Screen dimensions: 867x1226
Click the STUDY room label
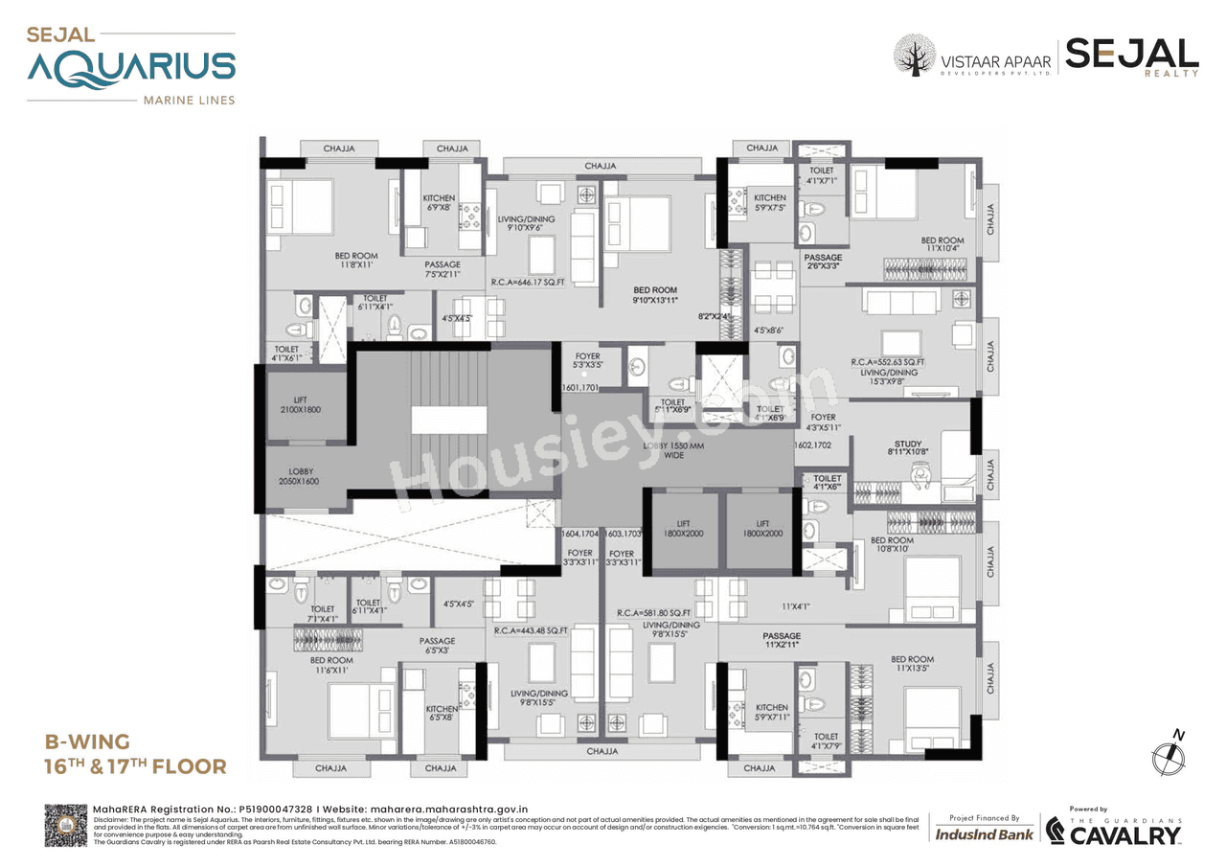(907, 448)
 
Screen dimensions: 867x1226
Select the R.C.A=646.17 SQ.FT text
(527, 284)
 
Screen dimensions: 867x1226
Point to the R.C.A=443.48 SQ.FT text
(532, 630)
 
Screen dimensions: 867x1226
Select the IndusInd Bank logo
(984, 834)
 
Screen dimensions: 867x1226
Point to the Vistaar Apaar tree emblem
(914, 56)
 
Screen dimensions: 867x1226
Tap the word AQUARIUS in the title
(130, 68)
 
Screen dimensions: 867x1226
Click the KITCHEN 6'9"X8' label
(439, 203)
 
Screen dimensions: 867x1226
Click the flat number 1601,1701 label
(580, 388)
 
